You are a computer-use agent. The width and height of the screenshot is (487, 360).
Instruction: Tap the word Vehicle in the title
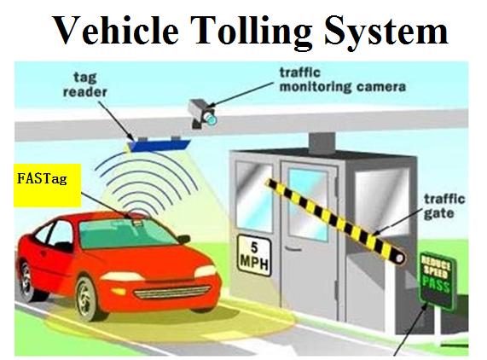pyautogui.click(x=117, y=29)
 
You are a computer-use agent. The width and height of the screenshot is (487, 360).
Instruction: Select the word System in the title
pyautogui.click(x=386, y=31)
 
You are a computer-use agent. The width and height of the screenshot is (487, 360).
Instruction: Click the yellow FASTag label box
pyautogui.click(x=47, y=185)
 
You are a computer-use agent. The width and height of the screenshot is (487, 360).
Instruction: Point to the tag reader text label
pyautogui.click(x=84, y=84)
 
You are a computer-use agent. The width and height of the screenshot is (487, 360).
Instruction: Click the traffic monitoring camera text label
pyautogui.click(x=343, y=80)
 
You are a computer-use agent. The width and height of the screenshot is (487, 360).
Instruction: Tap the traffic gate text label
pyautogui.click(x=444, y=206)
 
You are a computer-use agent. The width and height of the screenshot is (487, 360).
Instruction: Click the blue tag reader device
pyautogui.click(x=159, y=144)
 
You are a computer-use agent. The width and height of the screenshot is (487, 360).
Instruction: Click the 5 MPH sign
pyautogui.click(x=254, y=255)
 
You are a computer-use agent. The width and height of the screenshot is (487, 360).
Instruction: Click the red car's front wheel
pyautogui.click(x=87, y=298)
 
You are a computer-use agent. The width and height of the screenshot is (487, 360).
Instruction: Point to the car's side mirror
pyautogui.click(x=183, y=239)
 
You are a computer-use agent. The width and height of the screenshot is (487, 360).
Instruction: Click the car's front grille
pyautogui.click(x=172, y=292)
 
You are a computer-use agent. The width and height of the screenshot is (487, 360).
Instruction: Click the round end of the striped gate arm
pyautogui.click(x=400, y=258)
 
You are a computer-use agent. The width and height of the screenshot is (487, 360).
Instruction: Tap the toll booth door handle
pyautogui.click(x=290, y=249)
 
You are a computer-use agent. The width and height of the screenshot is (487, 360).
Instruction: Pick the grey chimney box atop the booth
pyautogui.click(x=322, y=143)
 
